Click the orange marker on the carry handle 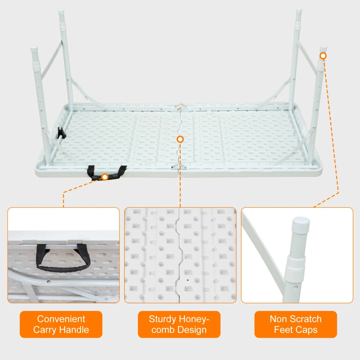pyautogui.click(x=105, y=177)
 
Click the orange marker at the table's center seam pyautogui.click(x=180, y=139)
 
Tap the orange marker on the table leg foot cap pyautogui.click(x=323, y=56)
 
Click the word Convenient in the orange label pyautogui.click(x=61, y=319)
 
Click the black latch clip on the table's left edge pyautogui.click(x=60, y=133)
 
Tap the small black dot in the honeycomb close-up pyautogui.click(x=188, y=279)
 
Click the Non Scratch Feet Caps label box pyautogui.click(x=296, y=324)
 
